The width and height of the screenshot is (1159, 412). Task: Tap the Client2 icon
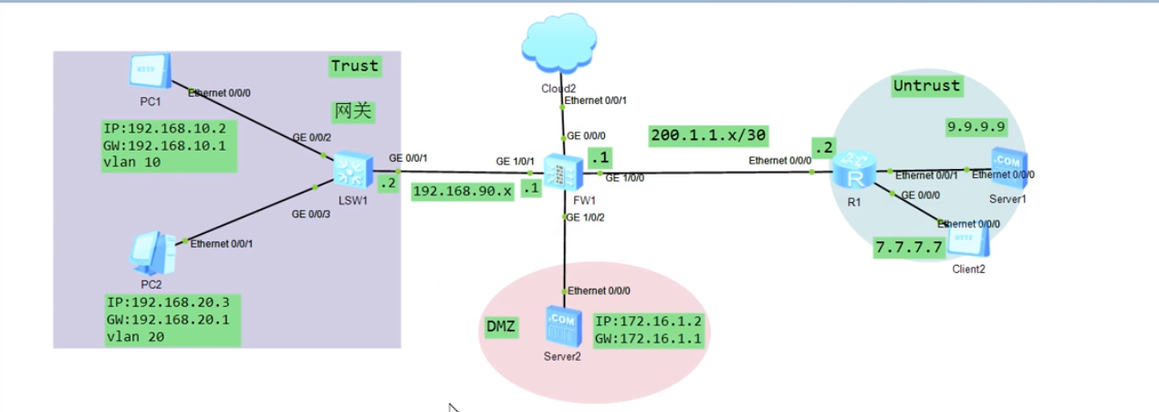(968, 239)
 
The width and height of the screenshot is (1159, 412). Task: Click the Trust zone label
(354, 66)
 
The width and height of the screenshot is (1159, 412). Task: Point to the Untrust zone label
(926, 86)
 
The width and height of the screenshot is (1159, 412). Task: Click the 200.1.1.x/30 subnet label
(708, 136)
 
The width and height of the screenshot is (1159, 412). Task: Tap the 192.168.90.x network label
(463, 192)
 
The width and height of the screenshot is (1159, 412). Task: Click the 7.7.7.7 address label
(907, 247)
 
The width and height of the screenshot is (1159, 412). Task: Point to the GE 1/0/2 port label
(586, 217)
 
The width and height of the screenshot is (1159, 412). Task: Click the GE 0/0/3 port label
(311, 214)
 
